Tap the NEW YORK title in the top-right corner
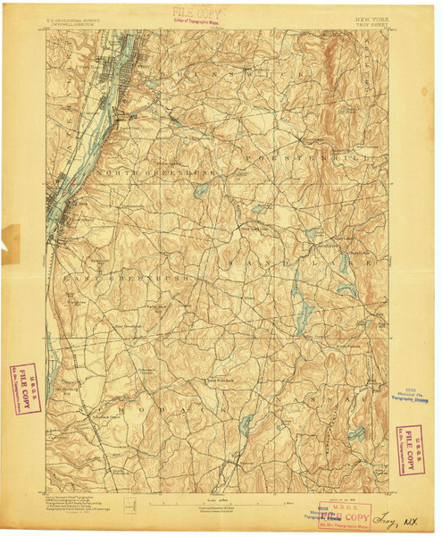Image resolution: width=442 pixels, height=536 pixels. pyautogui.click(x=371, y=17)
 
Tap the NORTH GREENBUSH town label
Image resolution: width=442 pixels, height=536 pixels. pyautogui.click(x=141, y=171)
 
